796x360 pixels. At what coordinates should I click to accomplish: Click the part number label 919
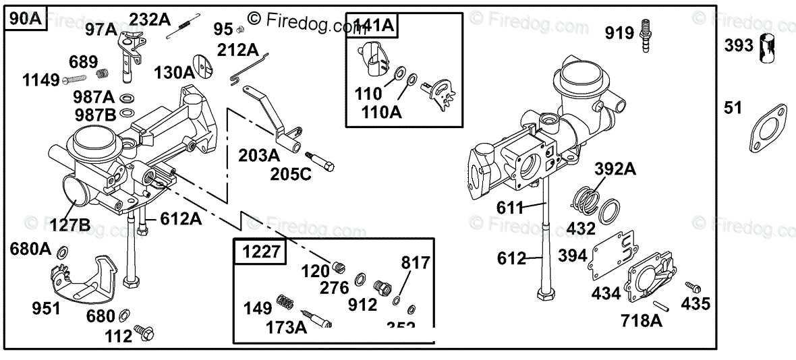coord(619,32)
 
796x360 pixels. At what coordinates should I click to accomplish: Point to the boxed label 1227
coord(260,252)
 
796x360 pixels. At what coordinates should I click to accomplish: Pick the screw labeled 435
coord(690,287)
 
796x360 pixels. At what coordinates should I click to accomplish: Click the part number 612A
coord(180,218)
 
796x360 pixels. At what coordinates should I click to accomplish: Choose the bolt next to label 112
coord(143,332)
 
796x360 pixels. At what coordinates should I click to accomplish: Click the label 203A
coord(258,155)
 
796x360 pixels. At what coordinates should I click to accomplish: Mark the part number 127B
coord(71,224)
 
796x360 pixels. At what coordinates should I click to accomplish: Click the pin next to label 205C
coord(321,162)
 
